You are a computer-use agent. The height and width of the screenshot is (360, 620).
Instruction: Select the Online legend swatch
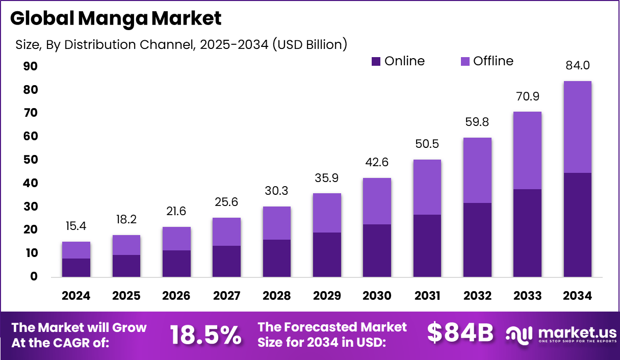click(376, 62)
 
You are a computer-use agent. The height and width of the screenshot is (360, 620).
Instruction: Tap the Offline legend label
click(493, 61)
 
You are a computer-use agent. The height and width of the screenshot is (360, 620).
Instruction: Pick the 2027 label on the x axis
click(226, 296)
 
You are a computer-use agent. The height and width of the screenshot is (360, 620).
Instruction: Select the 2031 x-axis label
click(427, 296)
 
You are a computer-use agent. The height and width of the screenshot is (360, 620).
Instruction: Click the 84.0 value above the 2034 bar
click(578, 65)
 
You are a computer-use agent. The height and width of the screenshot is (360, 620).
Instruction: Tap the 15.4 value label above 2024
click(76, 226)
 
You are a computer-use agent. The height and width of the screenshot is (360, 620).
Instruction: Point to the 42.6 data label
click(377, 162)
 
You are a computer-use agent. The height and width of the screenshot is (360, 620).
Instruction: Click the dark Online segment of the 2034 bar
click(578, 224)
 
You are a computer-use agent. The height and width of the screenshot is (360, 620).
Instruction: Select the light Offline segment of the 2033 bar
click(527, 150)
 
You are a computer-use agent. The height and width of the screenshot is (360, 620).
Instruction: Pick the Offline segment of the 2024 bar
click(76, 250)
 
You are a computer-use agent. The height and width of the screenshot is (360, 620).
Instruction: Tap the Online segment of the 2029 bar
click(327, 254)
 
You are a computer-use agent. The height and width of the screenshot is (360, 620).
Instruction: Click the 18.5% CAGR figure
click(205, 335)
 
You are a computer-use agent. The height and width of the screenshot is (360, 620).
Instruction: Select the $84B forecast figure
click(460, 333)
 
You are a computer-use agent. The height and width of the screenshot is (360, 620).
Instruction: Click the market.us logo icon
click(519, 335)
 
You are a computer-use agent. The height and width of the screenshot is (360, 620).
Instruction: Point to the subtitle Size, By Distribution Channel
click(181, 45)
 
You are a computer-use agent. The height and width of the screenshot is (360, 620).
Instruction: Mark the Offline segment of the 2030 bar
click(377, 201)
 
